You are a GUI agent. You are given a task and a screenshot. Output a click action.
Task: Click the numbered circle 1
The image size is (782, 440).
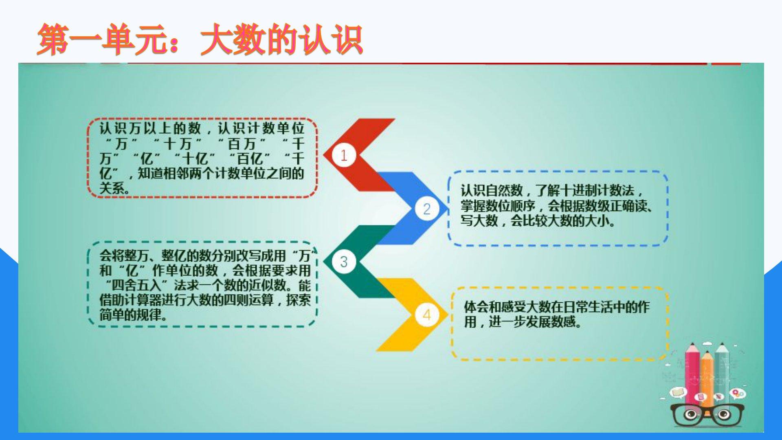(344, 155)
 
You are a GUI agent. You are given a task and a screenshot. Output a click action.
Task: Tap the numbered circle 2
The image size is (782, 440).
(426, 209)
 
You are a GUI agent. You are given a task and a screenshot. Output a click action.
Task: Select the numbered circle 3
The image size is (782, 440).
(344, 262)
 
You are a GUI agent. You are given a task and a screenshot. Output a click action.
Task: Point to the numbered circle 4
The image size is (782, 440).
(426, 315)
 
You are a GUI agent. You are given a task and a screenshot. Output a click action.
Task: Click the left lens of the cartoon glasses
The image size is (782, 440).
(690, 415)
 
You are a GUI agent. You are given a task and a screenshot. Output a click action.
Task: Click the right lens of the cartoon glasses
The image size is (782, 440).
(724, 415)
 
